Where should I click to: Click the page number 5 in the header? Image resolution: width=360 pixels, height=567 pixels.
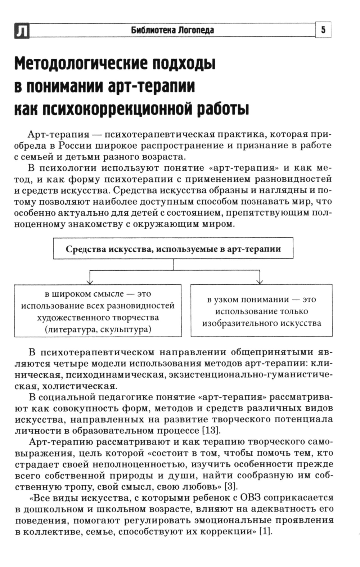point(323,30)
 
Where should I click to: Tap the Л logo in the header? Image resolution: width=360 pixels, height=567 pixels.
point(22,31)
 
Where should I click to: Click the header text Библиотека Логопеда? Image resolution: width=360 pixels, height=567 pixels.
point(172,30)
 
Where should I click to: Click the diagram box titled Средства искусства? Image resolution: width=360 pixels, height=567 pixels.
point(173,249)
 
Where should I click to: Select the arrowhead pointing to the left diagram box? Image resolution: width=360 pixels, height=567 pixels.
point(90,282)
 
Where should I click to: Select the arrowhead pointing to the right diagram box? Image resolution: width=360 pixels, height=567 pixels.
point(260,282)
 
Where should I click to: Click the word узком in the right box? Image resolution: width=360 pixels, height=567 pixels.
point(227,300)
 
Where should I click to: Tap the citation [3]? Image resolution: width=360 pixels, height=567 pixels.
point(231,487)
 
